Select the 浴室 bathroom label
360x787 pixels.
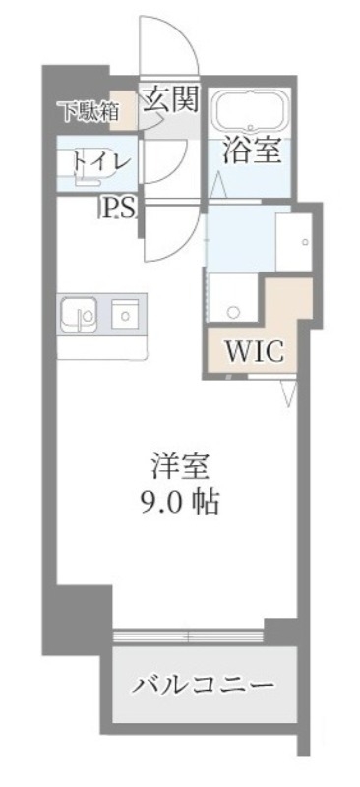[x=252, y=151]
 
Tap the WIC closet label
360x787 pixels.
[x=257, y=351]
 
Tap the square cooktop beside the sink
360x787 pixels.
[x=125, y=314]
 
